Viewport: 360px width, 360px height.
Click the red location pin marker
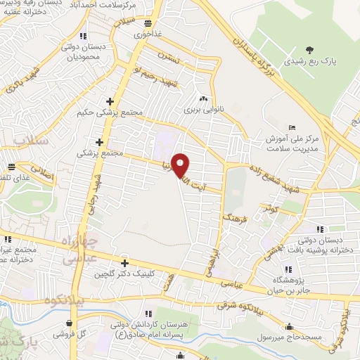[x=181, y=165]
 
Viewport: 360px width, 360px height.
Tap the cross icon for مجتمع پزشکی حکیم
[x=109, y=102]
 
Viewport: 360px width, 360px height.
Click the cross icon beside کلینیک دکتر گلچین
[x=124, y=262]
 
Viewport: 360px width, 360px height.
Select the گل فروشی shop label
[x=71, y=333]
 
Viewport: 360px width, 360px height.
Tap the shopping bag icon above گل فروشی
[x=67, y=323]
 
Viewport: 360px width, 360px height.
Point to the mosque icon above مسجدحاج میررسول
[x=289, y=326]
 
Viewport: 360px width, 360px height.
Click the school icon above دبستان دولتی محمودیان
[x=84, y=36]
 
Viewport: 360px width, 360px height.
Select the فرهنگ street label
[x=231, y=213]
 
